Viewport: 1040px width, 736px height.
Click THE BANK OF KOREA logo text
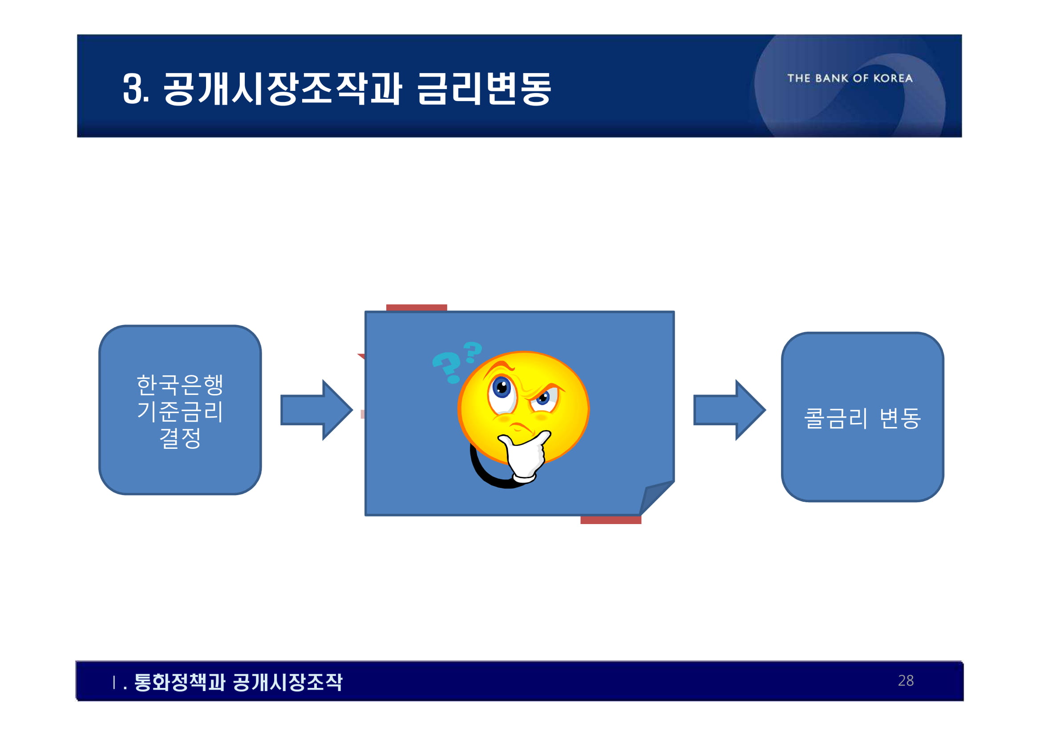[850, 78]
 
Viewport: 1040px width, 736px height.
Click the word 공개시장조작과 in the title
[282, 89]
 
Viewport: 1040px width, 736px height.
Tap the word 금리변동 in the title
[484, 89]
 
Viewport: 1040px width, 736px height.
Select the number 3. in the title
[135, 89]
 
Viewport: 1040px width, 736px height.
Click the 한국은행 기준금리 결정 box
[180, 410]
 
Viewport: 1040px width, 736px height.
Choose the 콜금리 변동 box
[862, 417]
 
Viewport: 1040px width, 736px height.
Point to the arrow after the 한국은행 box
[316, 410]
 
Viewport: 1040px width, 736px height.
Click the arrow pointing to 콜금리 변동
[729, 410]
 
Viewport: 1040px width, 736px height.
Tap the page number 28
[906, 680]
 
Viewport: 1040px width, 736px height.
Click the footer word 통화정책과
[179, 682]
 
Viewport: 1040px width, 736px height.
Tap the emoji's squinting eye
[543, 398]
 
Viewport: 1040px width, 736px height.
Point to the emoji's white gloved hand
[526, 457]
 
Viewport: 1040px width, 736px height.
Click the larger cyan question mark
[447, 366]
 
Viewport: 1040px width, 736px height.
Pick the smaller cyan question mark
[473, 352]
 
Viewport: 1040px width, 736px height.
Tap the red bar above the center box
[416, 308]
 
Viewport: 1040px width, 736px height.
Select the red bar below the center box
[611, 520]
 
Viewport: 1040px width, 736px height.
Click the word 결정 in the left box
[180, 438]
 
